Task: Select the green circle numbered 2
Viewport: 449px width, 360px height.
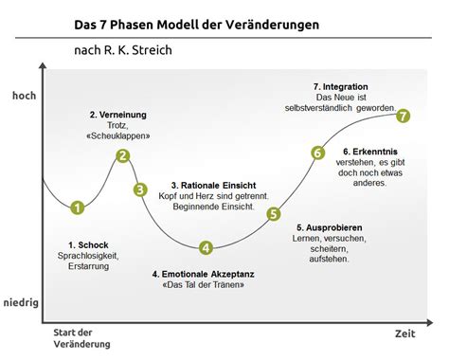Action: [x=122, y=156]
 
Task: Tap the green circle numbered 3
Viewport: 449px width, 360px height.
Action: [x=140, y=189]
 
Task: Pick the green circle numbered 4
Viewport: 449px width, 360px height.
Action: [x=206, y=248]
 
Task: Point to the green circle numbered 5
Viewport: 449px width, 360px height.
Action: [x=274, y=213]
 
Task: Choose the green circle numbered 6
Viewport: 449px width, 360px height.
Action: [x=317, y=153]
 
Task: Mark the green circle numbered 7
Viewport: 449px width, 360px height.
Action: [x=404, y=116]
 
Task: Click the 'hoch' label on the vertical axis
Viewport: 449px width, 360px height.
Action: [x=23, y=95]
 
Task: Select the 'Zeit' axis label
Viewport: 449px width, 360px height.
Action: [x=405, y=334]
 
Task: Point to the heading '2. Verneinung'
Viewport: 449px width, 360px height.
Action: [x=120, y=115]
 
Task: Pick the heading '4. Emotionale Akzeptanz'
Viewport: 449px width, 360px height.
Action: [x=203, y=274]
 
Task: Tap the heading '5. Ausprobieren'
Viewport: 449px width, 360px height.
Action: [x=328, y=227]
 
